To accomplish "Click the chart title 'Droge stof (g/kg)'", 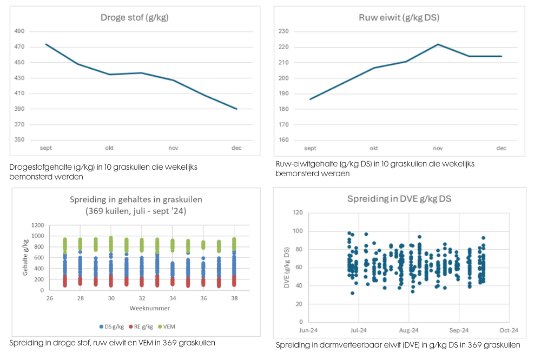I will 134,17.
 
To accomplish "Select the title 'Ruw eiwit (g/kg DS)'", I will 399,17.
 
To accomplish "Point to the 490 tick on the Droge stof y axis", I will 19,31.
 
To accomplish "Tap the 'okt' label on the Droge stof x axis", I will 109,148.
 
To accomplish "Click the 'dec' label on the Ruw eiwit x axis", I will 501,148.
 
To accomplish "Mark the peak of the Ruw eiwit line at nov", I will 438,44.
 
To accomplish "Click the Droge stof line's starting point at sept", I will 46,44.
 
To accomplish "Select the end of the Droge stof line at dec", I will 236,109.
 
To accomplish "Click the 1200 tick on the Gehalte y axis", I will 36,225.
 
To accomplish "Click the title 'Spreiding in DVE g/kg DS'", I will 399,198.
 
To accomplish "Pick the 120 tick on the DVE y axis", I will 297,212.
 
